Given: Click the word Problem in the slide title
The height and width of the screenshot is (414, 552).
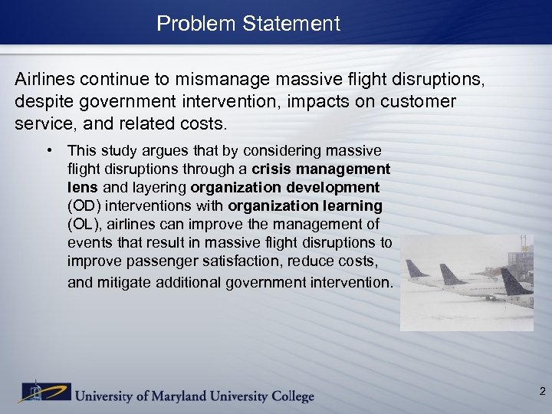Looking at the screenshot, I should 186,24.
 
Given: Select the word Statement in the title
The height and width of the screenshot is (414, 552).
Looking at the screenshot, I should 291,24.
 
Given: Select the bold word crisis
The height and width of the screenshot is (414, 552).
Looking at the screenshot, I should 272,169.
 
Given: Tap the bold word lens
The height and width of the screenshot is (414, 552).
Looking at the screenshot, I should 82,187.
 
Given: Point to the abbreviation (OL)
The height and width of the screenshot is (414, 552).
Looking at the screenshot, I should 84,225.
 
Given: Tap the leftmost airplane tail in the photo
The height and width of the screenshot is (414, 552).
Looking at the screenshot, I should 416,269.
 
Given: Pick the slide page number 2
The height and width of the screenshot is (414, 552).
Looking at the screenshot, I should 542,392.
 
